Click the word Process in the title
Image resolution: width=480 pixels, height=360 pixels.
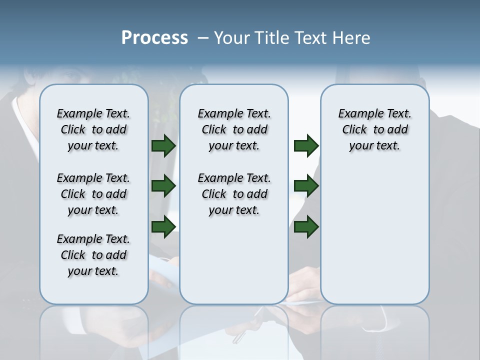(x=154, y=38)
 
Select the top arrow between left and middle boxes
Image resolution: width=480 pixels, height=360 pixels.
(x=163, y=146)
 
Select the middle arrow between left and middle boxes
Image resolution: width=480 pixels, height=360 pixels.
(x=163, y=186)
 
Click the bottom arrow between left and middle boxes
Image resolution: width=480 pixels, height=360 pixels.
(x=163, y=227)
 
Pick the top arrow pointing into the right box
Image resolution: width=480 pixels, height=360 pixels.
(x=306, y=146)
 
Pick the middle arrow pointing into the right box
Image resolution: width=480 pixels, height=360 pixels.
(x=306, y=186)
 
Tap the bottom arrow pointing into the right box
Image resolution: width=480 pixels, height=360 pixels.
(x=306, y=227)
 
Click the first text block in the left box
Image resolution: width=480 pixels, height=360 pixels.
(x=93, y=129)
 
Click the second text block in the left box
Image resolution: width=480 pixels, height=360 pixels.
(x=93, y=194)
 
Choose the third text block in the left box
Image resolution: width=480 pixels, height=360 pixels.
(x=93, y=255)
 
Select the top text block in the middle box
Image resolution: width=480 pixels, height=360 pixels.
(x=234, y=129)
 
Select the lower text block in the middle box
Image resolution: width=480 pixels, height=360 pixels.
(x=234, y=194)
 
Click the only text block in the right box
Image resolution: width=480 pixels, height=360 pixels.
(x=374, y=129)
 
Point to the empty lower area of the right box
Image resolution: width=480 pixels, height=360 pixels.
(x=374, y=235)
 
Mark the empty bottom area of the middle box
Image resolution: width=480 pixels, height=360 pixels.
(x=234, y=265)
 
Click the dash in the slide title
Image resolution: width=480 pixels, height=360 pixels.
(x=202, y=38)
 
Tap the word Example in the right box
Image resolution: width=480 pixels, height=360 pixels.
(x=356, y=114)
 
